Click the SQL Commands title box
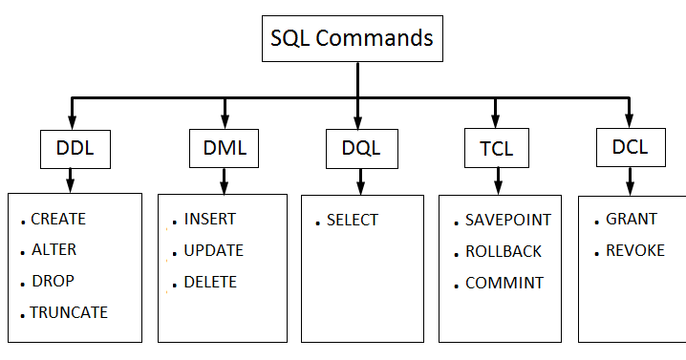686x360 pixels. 352,39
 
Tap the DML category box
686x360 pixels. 225,148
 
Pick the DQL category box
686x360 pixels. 360,148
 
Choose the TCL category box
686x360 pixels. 495,149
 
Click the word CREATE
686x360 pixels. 58,219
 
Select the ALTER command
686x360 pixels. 54,249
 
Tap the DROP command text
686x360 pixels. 53,281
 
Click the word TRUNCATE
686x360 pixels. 69,312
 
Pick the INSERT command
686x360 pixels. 209,219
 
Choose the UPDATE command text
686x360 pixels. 213,250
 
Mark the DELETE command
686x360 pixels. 210,282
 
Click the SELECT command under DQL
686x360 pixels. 352,220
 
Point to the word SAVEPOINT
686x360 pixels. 507,220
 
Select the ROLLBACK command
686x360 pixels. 504,251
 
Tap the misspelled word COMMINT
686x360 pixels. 504,283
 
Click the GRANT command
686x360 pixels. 632,219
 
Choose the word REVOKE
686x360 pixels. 634,251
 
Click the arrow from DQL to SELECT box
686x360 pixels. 360,180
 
